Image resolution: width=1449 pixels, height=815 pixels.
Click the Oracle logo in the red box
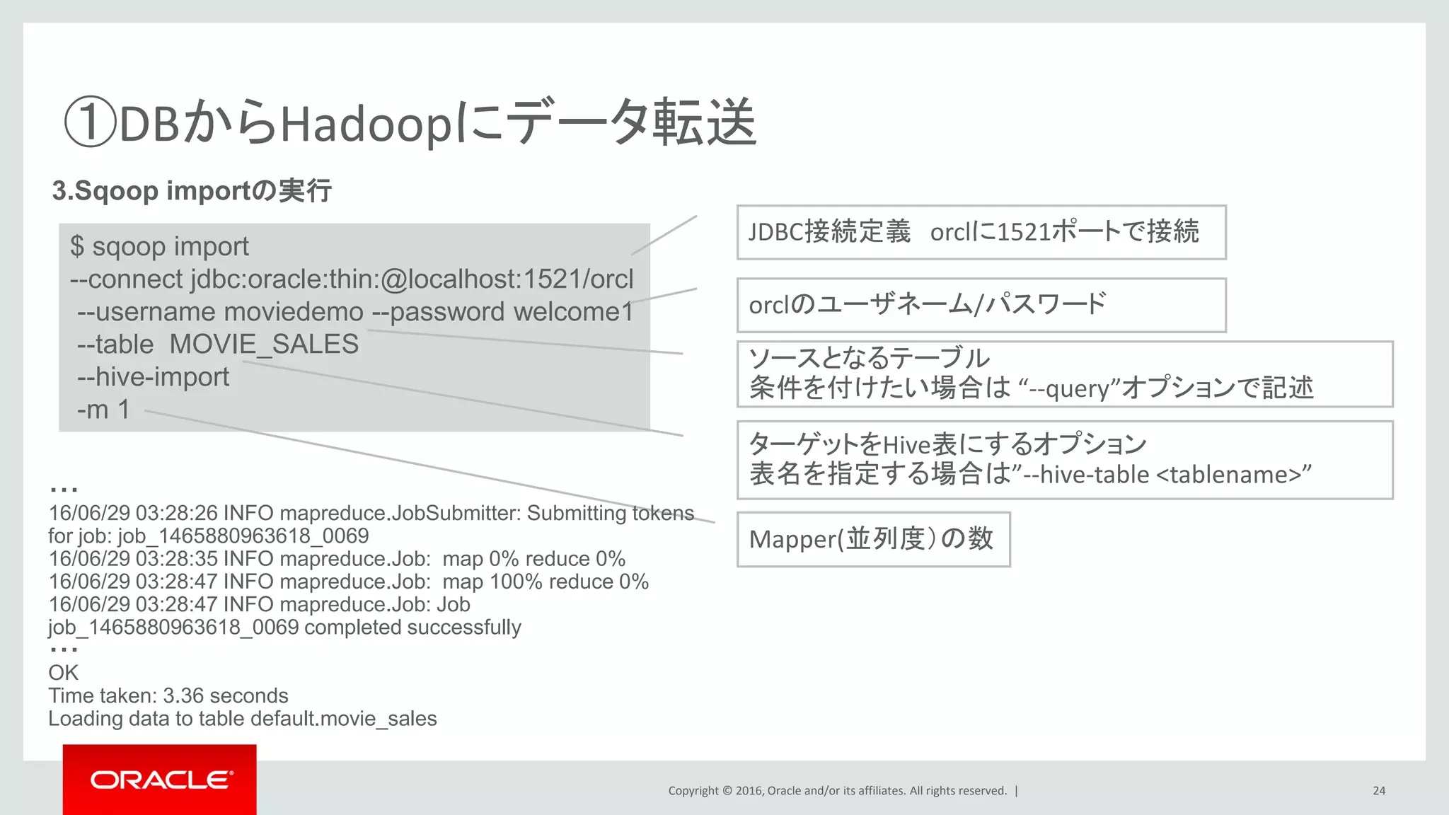click(x=160, y=780)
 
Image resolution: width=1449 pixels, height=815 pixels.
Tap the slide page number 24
click(x=1379, y=791)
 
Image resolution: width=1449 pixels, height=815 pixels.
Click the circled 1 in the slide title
click(x=90, y=122)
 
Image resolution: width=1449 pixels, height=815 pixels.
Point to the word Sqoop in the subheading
click(x=116, y=191)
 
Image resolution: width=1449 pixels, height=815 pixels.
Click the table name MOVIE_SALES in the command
click(x=264, y=345)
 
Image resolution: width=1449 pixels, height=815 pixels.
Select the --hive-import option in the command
click(x=153, y=377)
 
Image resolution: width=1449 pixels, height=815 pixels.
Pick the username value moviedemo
click(x=294, y=312)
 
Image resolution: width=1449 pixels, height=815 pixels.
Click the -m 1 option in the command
click(x=103, y=410)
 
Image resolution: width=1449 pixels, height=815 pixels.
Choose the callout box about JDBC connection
click(x=981, y=232)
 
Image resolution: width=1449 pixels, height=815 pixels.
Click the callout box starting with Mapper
click(x=873, y=539)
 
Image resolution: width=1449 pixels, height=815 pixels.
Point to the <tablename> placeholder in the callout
click(x=1233, y=474)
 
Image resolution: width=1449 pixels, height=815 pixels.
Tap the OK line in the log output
click(x=63, y=673)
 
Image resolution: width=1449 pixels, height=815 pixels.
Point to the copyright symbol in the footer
click(x=727, y=791)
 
